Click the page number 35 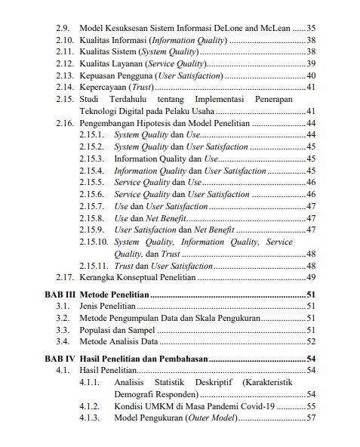[310, 27]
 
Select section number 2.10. [65, 39]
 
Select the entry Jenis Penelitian [107, 306]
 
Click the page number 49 [310, 278]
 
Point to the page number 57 [310, 418]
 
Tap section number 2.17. [65, 278]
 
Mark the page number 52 [310, 342]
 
